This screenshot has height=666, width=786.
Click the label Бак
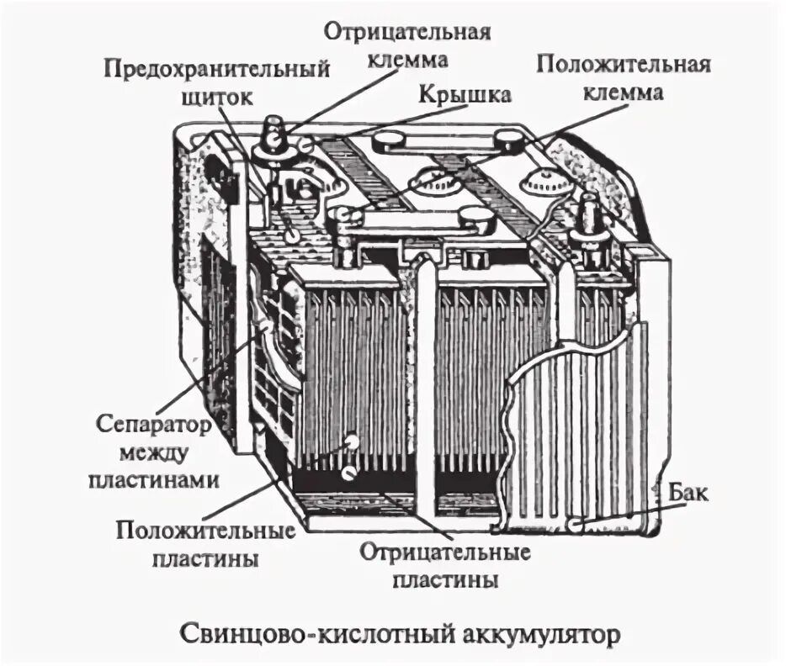[690, 492]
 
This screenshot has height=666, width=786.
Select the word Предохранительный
[216, 67]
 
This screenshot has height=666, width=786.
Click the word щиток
[216, 96]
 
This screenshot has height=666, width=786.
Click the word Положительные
[206, 531]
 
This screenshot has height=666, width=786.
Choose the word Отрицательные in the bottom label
[445, 552]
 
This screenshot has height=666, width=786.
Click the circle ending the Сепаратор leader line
[266, 324]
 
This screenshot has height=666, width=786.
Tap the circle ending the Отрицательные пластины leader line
[347, 473]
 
